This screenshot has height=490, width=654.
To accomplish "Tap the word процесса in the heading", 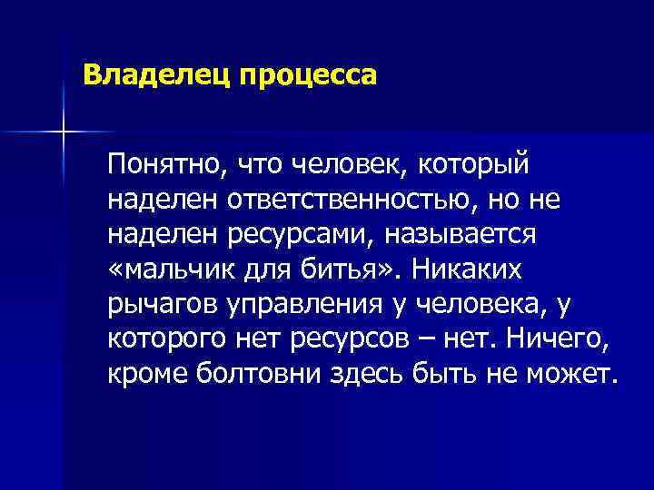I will pyautogui.click(x=307, y=75).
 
